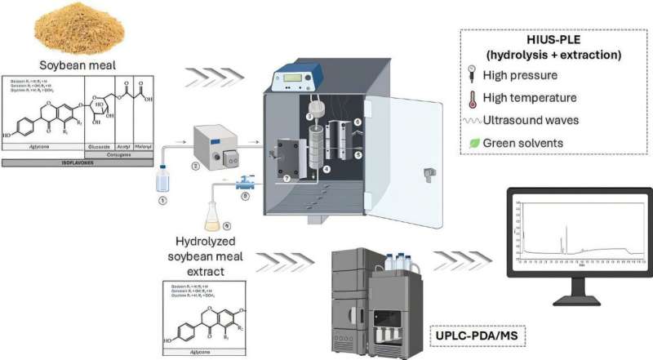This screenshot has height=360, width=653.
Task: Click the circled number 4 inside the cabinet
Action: point(326,169)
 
